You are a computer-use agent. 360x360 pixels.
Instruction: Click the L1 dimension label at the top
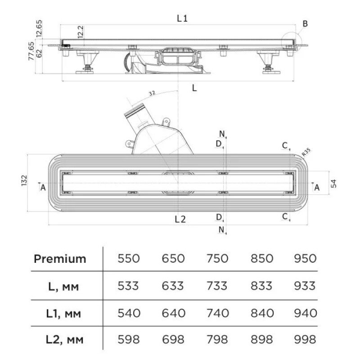182,18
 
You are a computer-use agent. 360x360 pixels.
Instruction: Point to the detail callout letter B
305,24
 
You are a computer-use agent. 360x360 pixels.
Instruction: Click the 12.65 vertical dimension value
39,28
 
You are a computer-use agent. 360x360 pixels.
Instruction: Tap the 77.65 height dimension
31,51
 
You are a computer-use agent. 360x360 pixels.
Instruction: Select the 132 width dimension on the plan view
24,180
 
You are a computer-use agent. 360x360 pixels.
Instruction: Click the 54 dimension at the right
333,184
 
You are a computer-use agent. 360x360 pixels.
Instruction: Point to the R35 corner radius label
306,152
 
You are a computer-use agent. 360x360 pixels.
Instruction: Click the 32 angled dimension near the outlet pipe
152,93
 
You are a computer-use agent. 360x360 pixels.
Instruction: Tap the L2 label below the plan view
180,220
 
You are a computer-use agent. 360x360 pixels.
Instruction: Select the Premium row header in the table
60,259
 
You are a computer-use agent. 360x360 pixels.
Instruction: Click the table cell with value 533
128,286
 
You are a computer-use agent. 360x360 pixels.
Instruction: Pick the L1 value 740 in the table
218,313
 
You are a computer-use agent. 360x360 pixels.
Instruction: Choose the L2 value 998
305,339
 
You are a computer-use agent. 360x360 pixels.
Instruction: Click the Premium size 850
262,258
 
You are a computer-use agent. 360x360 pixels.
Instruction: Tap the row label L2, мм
64,340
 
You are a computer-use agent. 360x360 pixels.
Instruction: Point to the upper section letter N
222,134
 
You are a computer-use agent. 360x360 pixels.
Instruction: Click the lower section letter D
219,217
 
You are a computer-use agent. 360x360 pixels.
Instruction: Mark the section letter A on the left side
43,188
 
